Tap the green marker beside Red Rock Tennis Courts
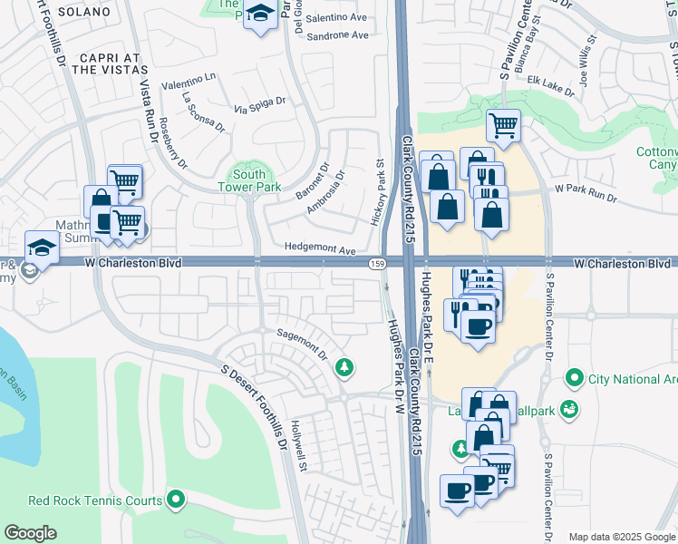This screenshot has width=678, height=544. tap(177, 500)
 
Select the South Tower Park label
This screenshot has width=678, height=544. tap(248, 180)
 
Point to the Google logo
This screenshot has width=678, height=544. tap(30, 533)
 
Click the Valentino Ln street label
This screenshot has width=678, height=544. tap(189, 78)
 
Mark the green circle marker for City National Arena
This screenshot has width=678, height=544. tap(573, 376)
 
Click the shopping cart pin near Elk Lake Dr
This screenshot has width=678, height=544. tap(503, 123)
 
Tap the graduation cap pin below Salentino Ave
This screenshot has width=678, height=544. tap(260, 15)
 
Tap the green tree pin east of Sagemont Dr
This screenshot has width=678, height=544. tap(344, 366)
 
